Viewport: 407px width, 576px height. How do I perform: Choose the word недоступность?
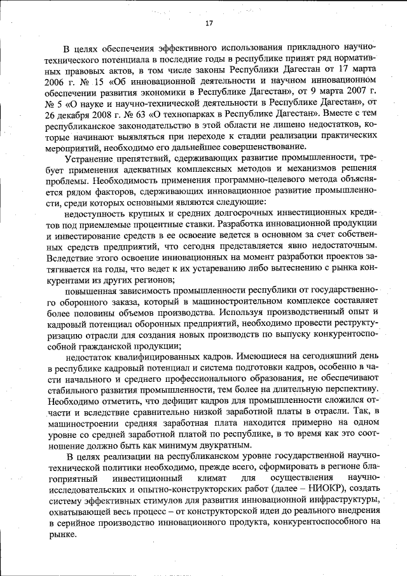point(95,215)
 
